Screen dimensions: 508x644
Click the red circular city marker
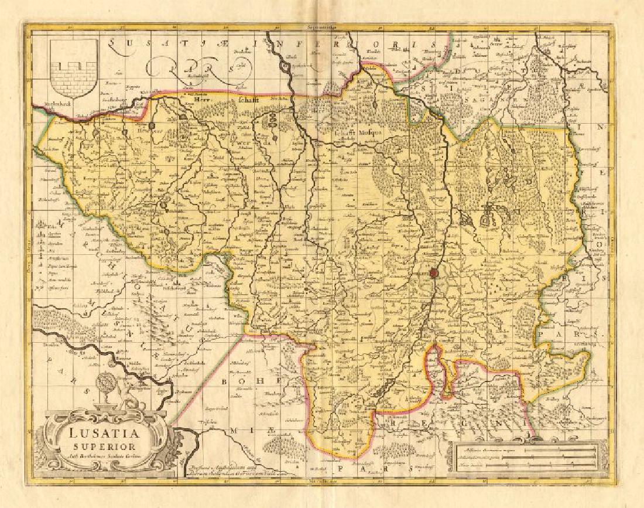pyautogui.click(x=433, y=272)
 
